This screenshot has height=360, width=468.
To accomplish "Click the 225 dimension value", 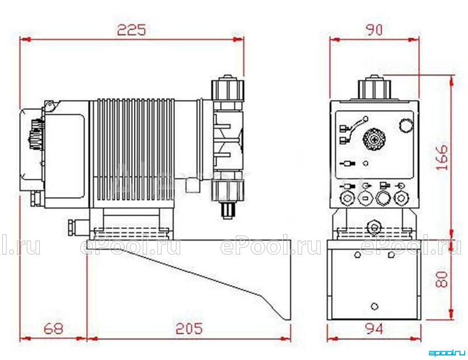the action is click(132, 30).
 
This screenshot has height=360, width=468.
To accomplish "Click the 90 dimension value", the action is click(374, 30).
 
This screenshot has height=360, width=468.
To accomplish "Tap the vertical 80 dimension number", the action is click(442, 279).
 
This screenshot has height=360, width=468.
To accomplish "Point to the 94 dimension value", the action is click(374, 328).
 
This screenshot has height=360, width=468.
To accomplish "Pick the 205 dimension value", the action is click(188, 328).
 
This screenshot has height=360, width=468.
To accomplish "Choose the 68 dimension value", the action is click(54, 328).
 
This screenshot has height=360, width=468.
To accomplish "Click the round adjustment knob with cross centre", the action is click(374, 139).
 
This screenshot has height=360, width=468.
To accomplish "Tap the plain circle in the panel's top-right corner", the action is click(406, 125).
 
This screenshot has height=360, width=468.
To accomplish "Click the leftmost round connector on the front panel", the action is click(347, 198).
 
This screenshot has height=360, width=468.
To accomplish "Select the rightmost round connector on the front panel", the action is click(401, 198).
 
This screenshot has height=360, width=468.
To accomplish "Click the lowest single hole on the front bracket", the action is click(374, 306).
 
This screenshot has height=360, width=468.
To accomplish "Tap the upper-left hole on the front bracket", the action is click(357, 255).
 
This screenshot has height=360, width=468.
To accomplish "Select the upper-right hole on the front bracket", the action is click(391, 255).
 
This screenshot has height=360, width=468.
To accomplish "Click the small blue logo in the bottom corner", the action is click(447, 353).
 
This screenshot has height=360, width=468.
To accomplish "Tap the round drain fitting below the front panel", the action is click(374, 227).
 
